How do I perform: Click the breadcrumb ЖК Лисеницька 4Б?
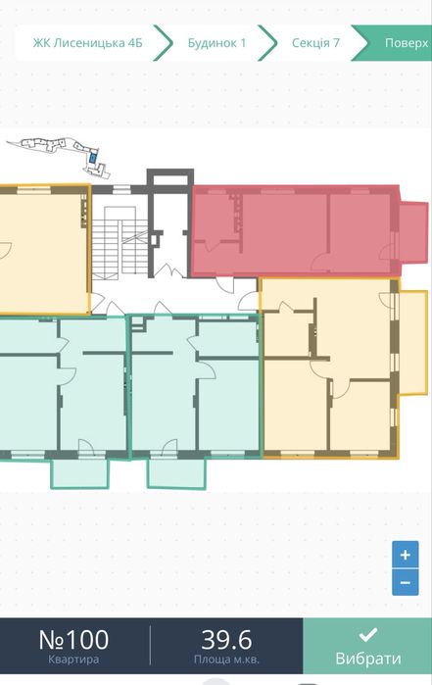point(87,43)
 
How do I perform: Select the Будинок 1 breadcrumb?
point(216,43)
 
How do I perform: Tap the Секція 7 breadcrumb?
point(315,43)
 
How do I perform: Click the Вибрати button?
point(367,646)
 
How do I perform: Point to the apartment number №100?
point(73,640)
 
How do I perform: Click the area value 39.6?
point(226,640)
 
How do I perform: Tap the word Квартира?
point(73,659)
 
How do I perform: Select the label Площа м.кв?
point(226,659)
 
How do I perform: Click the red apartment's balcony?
point(413,232)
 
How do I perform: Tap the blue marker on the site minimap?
point(93,158)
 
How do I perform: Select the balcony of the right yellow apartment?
point(412,343)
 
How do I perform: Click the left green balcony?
point(79,472)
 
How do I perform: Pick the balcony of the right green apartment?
point(176,473)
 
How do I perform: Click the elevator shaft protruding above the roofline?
point(169,177)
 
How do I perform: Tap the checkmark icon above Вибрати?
point(367,635)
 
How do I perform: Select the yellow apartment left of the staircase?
point(44,249)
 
